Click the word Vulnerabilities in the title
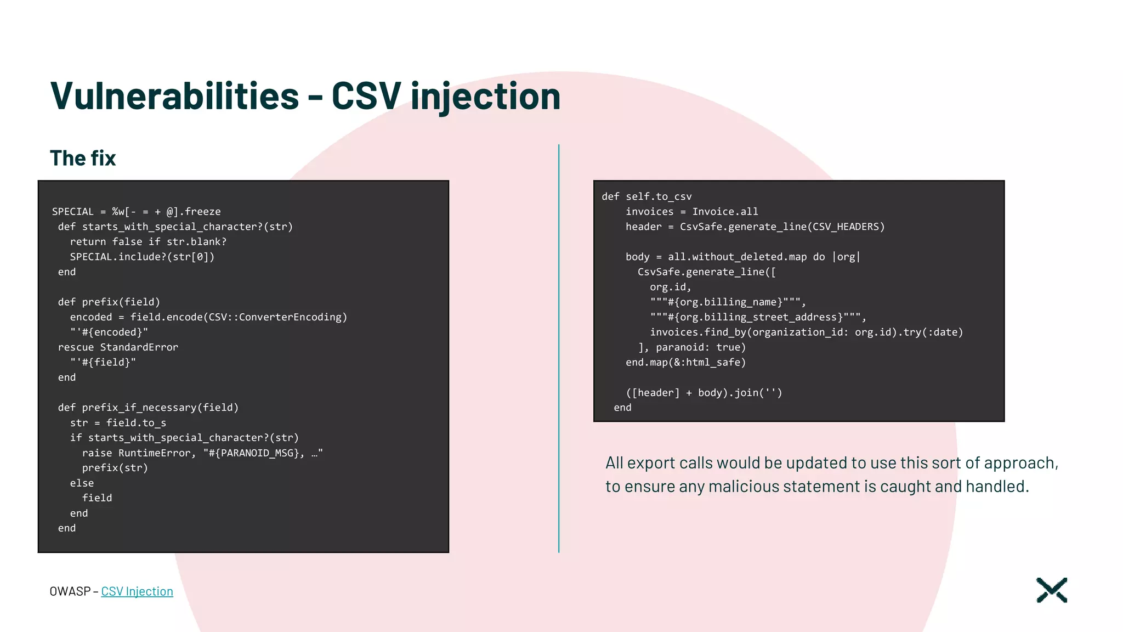click(x=174, y=96)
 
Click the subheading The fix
click(x=83, y=158)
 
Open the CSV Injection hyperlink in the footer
click(x=137, y=591)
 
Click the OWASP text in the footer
click(x=70, y=591)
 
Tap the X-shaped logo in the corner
click(x=1051, y=590)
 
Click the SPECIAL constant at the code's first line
click(x=72, y=212)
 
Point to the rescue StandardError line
click(x=118, y=347)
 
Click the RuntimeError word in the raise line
click(x=154, y=453)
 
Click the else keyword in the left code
click(x=82, y=483)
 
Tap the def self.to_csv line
click(x=646, y=196)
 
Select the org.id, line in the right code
click(x=670, y=287)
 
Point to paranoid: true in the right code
click(x=700, y=347)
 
